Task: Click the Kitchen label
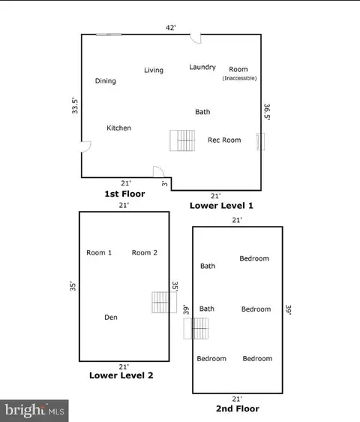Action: (x=118, y=128)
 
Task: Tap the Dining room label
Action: (x=106, y=81)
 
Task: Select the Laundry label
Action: (x=202, y=68)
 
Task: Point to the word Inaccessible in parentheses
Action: (x=239, y=78)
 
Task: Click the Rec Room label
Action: (x=224, y=140)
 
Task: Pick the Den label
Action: (x=111, y=318)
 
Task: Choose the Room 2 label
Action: (x=145, y=253)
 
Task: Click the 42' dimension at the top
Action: (x=171, y=28)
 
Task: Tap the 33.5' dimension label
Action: (x=75, y=106)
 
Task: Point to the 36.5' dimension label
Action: (x=267, y=112)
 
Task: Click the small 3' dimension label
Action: (x=164, y=183)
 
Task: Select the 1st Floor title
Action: (x=124, y=194)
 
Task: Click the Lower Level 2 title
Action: (x=121, y=375)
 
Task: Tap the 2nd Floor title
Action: (x=238, y=408)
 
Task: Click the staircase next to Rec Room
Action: (x=182, y=140)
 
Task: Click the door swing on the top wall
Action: (x=196, y=38)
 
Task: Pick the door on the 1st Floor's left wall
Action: (x=86, y=146)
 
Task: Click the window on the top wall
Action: (x=109, y=35)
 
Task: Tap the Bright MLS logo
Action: (x=34, y=411)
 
